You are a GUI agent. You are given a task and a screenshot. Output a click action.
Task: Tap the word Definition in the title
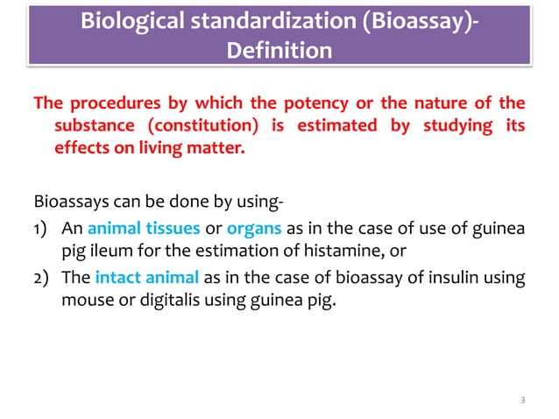279,51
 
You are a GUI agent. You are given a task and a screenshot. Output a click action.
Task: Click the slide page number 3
521,401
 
